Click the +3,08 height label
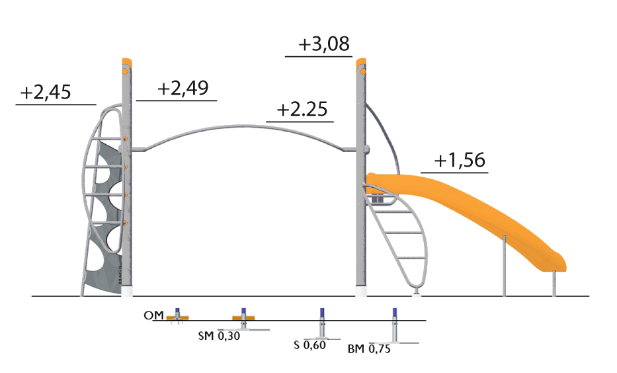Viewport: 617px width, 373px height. (324, 44)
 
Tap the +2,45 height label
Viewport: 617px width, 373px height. (46, 92)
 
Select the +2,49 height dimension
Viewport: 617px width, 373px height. (183, 88)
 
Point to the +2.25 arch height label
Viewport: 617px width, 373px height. (302, 109)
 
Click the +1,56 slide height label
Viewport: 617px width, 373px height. (460, 160)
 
